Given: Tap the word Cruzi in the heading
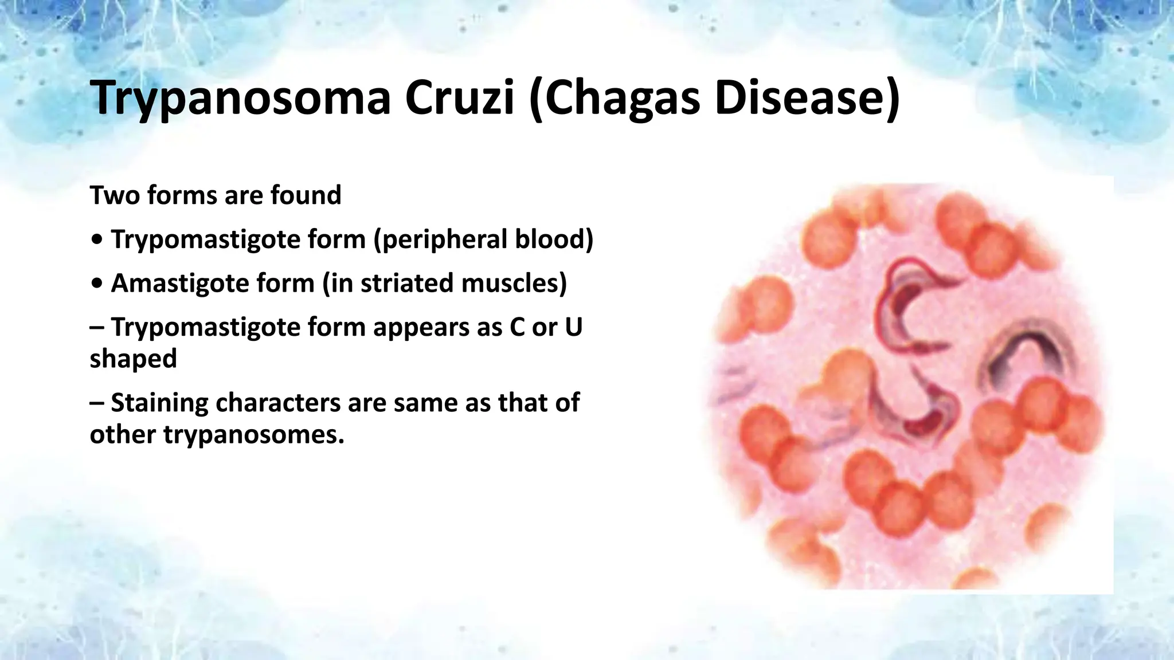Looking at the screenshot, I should (459, 99).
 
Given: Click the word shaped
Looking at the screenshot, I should (133, 359).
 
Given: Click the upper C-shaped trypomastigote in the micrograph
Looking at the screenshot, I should (900, 304).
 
